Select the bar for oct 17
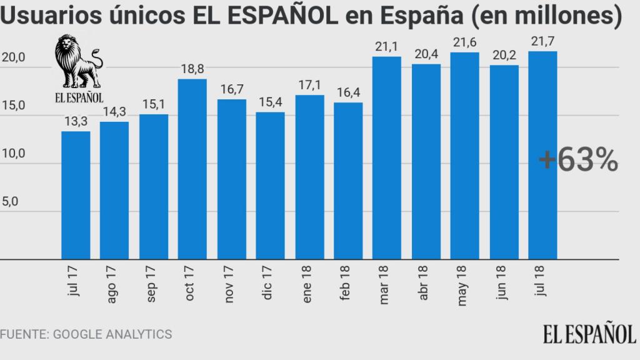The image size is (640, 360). point(192,169)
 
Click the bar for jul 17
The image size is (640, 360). point(76,195)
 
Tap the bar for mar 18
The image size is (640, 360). point(387,157)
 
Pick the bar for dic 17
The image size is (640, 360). point(270,186)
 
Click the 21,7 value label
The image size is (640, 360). point(542,42)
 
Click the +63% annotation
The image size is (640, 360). point(578,161)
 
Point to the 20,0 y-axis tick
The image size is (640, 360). point(13,57)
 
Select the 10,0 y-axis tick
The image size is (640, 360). point(13,154)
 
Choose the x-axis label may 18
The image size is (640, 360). point(463,289)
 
